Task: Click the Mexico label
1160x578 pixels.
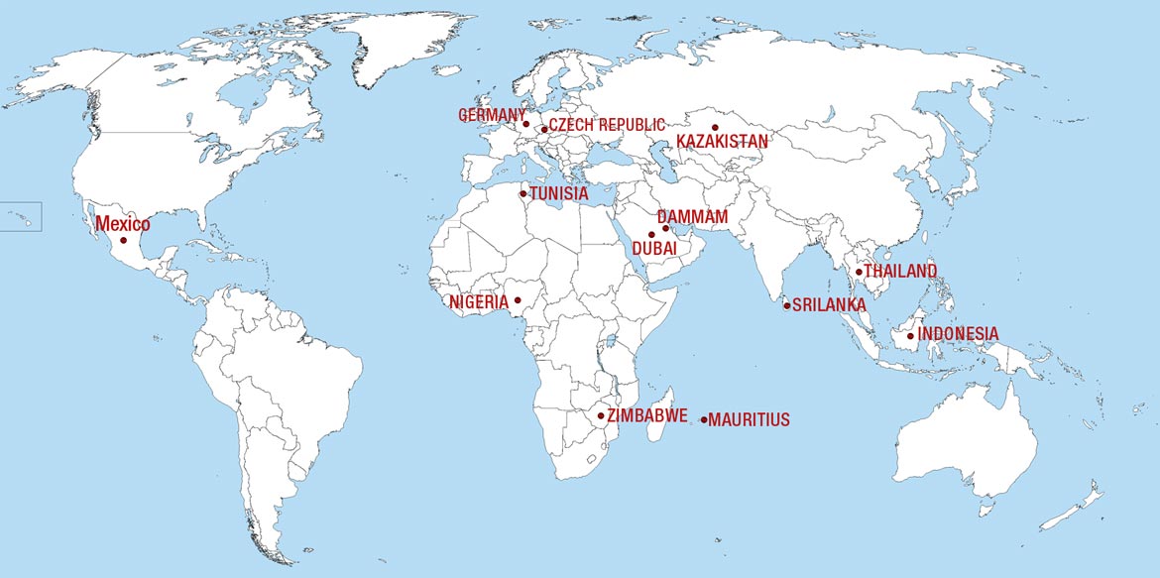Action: (122, 225)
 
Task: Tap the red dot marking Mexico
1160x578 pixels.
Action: (124, 241)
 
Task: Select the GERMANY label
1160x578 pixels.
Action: (492, 116)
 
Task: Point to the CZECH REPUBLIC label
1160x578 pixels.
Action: (607, 125)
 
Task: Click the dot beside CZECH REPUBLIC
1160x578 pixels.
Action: (544, 129)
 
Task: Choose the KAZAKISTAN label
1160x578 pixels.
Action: (722, 142)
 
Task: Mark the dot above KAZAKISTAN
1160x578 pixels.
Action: (714, 127)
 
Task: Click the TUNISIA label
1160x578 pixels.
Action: (559, 194)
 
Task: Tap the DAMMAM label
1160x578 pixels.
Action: (692, 216)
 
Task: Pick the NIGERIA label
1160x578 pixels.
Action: (479, 301)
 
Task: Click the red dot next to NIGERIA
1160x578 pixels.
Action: (517, 299)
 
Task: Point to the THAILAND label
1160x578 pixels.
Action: (900, 272)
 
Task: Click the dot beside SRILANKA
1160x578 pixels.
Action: (787, 305)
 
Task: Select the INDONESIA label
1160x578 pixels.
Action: (958, 334)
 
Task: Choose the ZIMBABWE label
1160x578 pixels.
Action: (647, 415)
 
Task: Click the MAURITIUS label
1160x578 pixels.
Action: (750, 420)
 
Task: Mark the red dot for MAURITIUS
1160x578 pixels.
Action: (704, 419)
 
